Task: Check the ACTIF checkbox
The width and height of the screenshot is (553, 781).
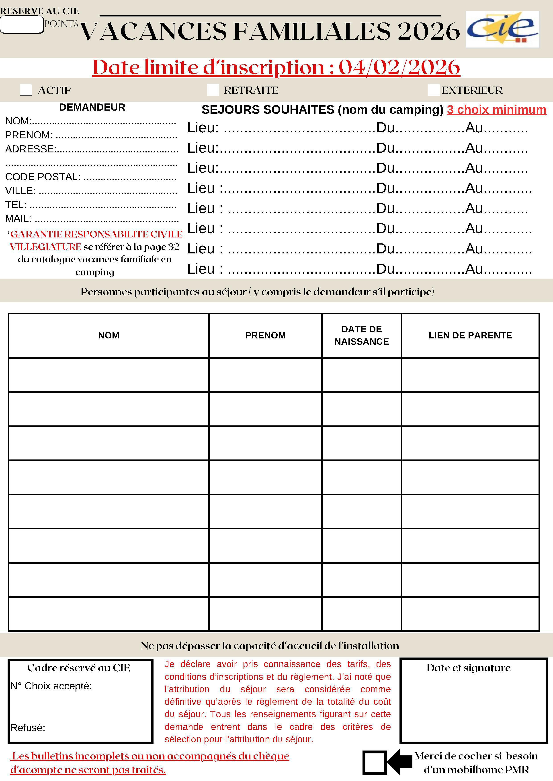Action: coord(26,90)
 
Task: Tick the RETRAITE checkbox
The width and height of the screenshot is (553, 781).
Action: coord(213,90)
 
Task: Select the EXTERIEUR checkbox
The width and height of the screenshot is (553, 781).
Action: coord(434,90)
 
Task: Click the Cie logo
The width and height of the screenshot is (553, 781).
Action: coord(503,29)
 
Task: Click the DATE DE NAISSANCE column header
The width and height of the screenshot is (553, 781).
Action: coord(361,335)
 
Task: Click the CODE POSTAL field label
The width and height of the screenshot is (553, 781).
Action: coord(43,177)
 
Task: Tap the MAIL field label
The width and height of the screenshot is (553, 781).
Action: coord(18,218)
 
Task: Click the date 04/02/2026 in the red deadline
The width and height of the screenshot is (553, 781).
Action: coord(399,67)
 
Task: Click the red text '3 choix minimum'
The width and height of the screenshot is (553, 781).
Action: coord(496,109)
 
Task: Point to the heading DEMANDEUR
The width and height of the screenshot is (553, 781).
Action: coord(92,107)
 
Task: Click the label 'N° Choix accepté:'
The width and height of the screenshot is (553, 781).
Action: coord(51,686)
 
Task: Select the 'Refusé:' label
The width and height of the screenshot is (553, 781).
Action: coord(28,728)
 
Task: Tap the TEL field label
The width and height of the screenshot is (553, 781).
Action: coord(16,204)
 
